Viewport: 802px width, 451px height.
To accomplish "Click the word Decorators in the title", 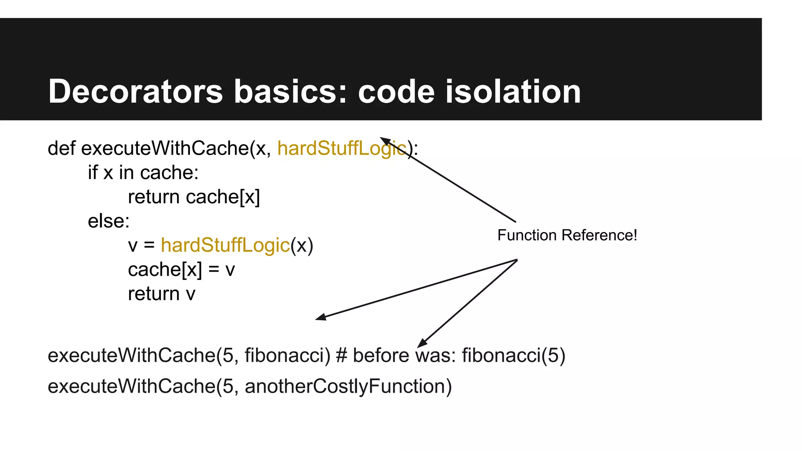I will pos(135,92).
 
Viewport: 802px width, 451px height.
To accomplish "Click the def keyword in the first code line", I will pos(61,148).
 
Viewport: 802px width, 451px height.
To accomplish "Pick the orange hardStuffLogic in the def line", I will pos(341,148).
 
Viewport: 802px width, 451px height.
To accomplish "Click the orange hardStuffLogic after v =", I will pos(225,245).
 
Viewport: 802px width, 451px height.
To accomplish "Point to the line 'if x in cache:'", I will pos(143,173).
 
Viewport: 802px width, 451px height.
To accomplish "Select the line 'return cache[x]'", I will pos(194,197).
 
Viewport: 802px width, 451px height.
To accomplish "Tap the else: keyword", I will pos(108,221).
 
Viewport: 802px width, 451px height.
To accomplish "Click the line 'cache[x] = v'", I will pos(181,270).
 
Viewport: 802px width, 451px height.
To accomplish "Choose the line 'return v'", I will pos(161,294).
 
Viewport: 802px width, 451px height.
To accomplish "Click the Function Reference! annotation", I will pos(567,235).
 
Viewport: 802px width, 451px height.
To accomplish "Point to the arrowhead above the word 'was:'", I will pos(422,343).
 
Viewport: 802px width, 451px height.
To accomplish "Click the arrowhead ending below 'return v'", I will pos(321,317).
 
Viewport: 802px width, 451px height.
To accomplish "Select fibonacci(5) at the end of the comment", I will pos(513,355).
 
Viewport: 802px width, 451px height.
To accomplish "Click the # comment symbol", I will pos(341,355).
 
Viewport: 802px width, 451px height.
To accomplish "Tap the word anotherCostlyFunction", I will pos(345,386).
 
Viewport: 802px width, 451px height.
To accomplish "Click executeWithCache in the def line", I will pos(165,148).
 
